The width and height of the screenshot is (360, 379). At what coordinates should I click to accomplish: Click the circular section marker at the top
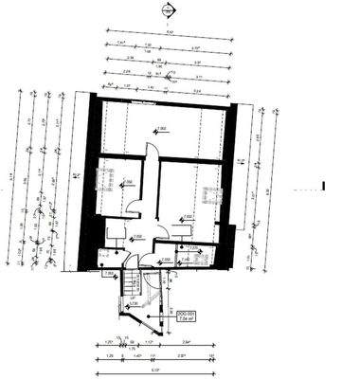click(x=168, y=10)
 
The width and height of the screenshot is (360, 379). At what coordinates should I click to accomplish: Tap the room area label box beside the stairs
click(x=186, y=317)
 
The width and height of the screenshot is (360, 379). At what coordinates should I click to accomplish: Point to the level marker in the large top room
click(x=160, y=127)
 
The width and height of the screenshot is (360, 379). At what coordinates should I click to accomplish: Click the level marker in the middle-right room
click(x=187, y=217)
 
